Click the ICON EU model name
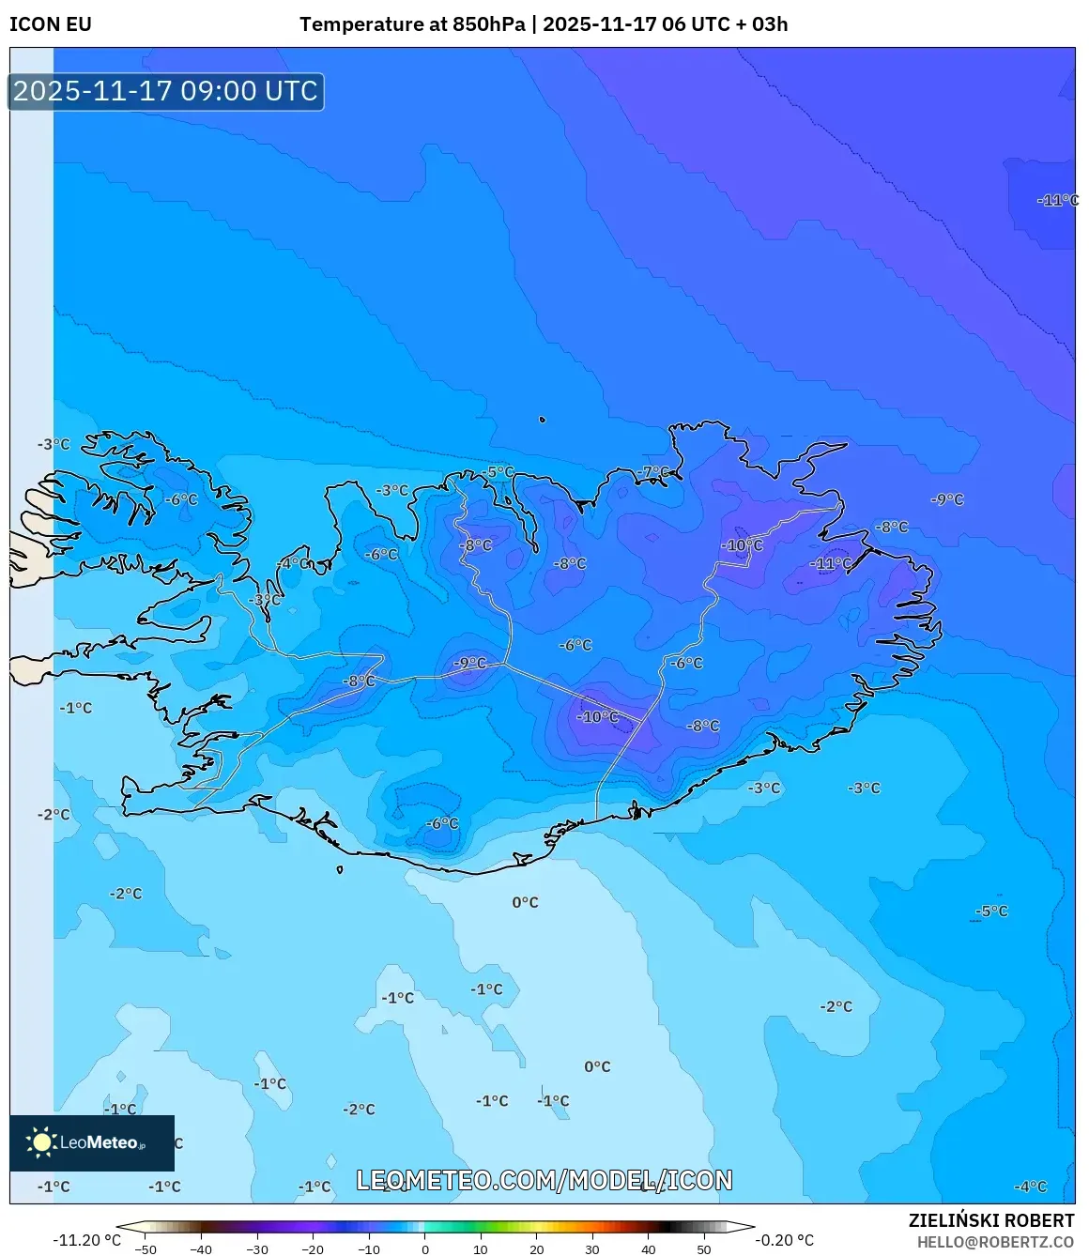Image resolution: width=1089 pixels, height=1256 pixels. pos(51,24)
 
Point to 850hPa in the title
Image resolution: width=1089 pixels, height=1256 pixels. pos(488,24)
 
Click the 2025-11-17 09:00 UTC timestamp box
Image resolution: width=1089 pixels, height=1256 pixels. pos(166,91)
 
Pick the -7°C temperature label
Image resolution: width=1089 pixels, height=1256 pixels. pos(654,472)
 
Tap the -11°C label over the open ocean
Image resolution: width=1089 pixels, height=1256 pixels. pos(1057,200)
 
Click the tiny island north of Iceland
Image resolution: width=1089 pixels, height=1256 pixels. pos(542,421)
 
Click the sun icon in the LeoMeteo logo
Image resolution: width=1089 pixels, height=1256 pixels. pos(41,1141)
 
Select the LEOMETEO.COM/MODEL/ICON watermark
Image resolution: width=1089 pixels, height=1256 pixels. pos(544,1180)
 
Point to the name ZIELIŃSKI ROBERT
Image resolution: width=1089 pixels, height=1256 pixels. pos(990,1220)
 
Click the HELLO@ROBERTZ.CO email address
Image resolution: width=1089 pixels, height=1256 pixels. pos(995,1242)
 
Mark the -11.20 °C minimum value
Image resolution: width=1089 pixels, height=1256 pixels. pos(86,1240)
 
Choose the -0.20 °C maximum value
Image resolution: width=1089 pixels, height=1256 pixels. pos(784,1240)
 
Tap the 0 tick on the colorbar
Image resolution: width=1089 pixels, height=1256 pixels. pos(425,1248)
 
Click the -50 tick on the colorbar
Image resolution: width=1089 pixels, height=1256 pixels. pos(146,1248)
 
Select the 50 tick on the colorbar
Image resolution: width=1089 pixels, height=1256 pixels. pos(704,1248)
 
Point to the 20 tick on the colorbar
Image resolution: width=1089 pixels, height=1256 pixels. pos(537,1248)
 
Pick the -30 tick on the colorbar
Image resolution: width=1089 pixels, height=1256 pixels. pos(257,1248)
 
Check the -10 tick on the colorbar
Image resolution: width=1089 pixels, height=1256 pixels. pos(369,1248)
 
